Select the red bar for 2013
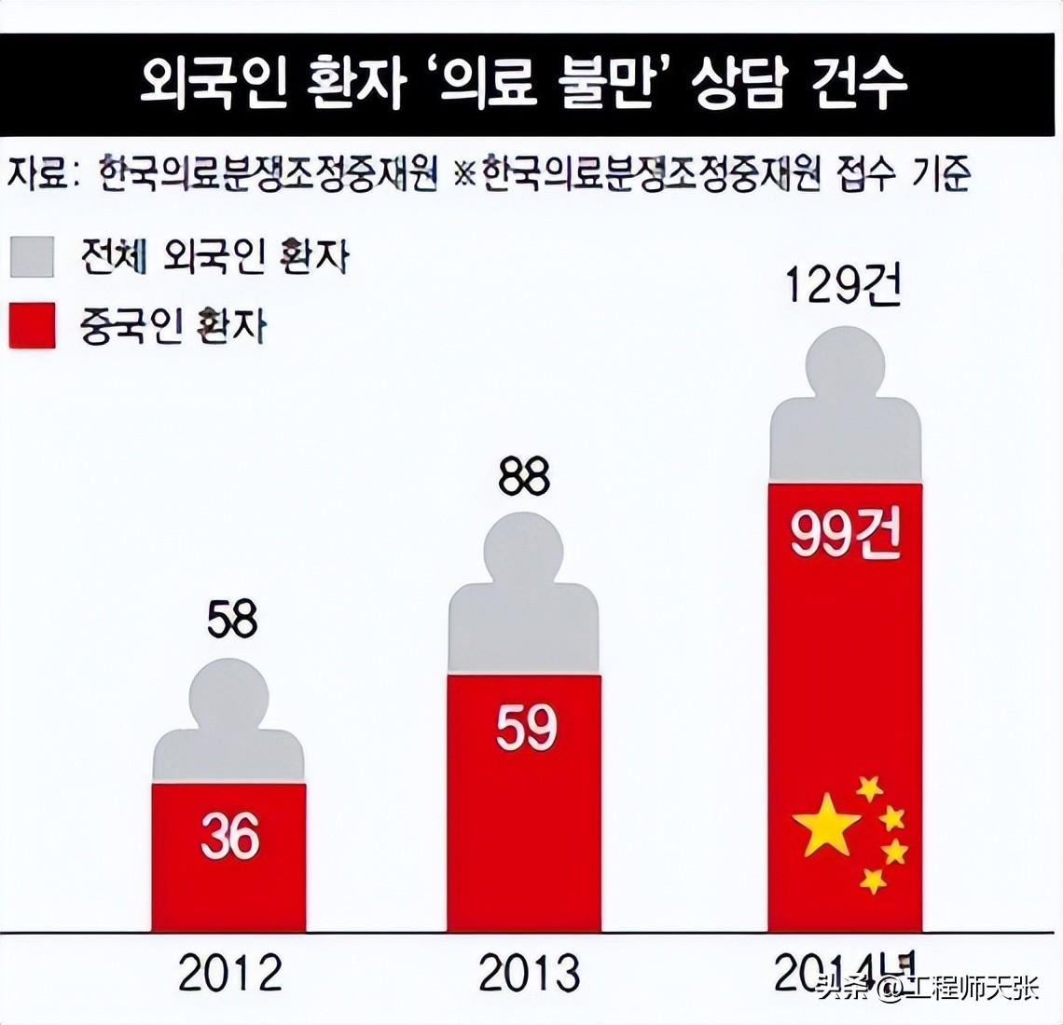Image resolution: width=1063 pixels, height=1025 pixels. [x=524, y=839]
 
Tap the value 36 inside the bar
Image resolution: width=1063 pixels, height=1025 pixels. [x=229, y=836]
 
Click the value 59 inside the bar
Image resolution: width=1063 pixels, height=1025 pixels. [x=526, y=729]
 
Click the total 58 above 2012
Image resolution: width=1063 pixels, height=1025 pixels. [x=231, y=620]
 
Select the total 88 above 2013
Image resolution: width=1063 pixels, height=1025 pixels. [x=524, y=478]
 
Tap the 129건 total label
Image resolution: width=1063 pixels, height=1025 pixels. [x=843, y=288]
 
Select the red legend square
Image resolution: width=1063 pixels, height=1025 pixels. [x=33, y=325]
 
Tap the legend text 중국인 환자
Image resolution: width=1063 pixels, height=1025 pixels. [x=173, y=327]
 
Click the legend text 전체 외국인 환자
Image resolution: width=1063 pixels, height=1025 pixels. [x=214, y=257]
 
